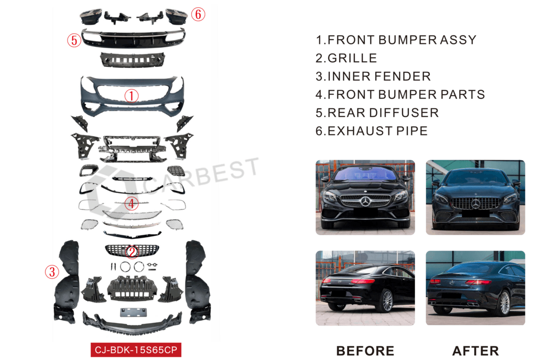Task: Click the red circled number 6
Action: click(198, 14)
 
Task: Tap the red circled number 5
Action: click(74, 40)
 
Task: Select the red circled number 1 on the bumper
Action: click(131, 96)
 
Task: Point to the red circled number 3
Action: click(52, 272)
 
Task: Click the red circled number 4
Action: click(131, 204)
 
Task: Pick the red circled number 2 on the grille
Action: click(132, 252)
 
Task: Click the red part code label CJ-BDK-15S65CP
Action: click(136, 350)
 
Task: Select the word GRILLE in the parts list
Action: click(352, 58)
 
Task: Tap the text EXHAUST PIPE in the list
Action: click(377, 131)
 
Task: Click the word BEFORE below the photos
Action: click(365, 351)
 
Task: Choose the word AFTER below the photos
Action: click(475, 351)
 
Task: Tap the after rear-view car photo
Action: click(475, 288)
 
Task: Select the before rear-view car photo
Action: click(365, 288)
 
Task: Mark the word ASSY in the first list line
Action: click(458, 40)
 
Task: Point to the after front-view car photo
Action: click(475, 197)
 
